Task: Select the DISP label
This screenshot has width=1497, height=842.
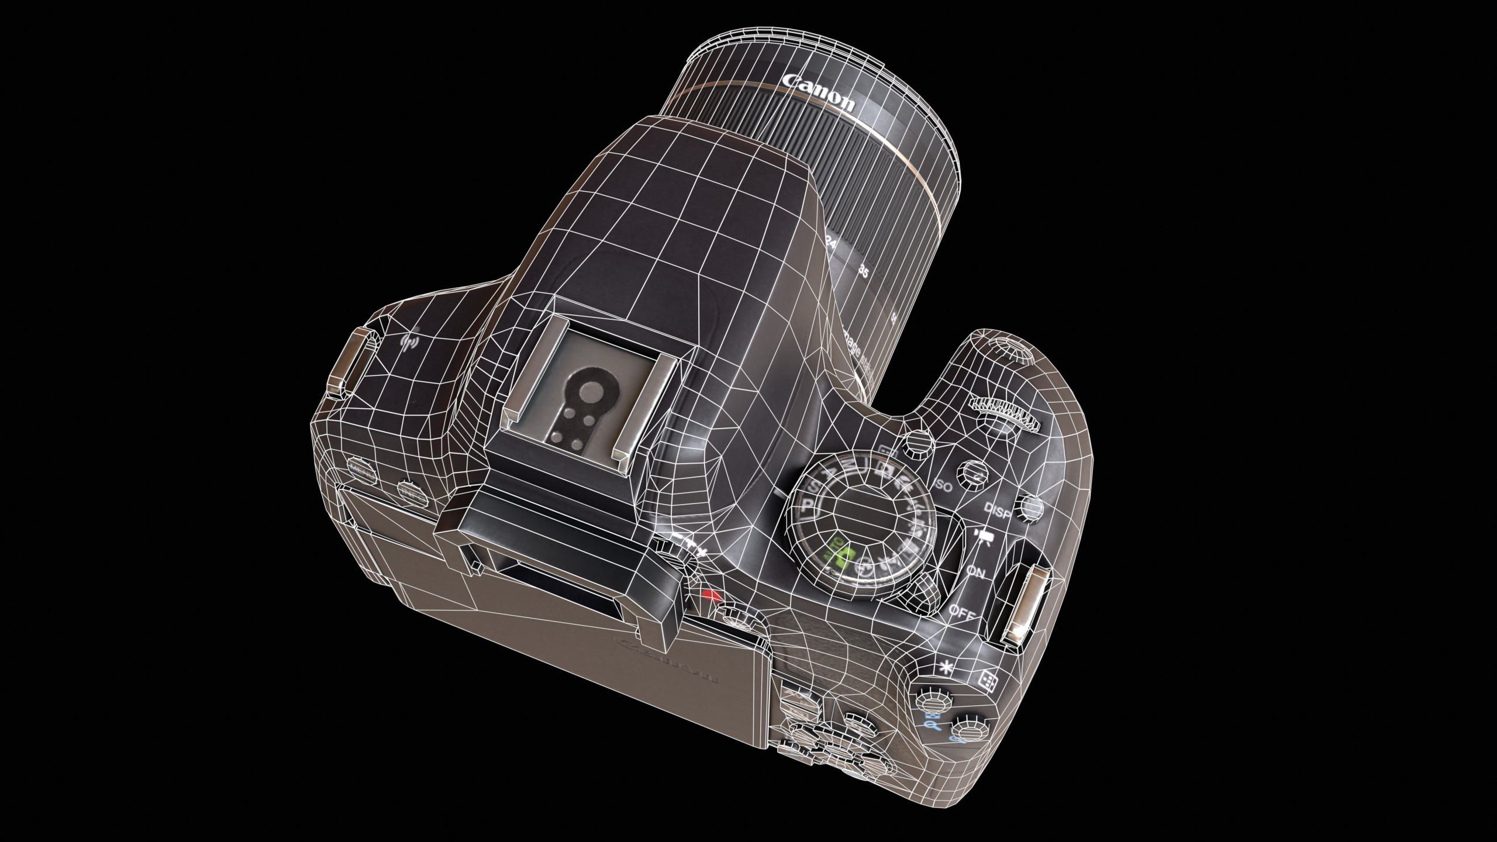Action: click(x=998, y=510)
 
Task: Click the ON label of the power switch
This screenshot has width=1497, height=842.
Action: click(x=975, y=572)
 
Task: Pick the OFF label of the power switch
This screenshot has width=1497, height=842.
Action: click(x=960, y=612)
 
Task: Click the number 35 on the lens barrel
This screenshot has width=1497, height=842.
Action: click(x=863, y=271)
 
